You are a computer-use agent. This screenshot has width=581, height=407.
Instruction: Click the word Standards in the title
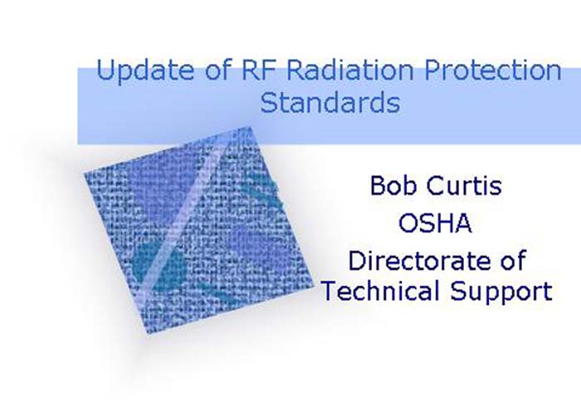pyautogui.click(x=330, y=104)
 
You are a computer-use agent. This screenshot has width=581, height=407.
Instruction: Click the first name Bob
pyautogui.click(x=393, y=185)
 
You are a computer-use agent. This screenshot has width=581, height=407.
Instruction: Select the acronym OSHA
pyautogui.click(x=436, y=223)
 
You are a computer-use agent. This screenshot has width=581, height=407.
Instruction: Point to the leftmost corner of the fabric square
pyautogui.click(x=84, y=172)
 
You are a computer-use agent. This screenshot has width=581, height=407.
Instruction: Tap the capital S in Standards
pyautogui.click(x=269, y=104)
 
